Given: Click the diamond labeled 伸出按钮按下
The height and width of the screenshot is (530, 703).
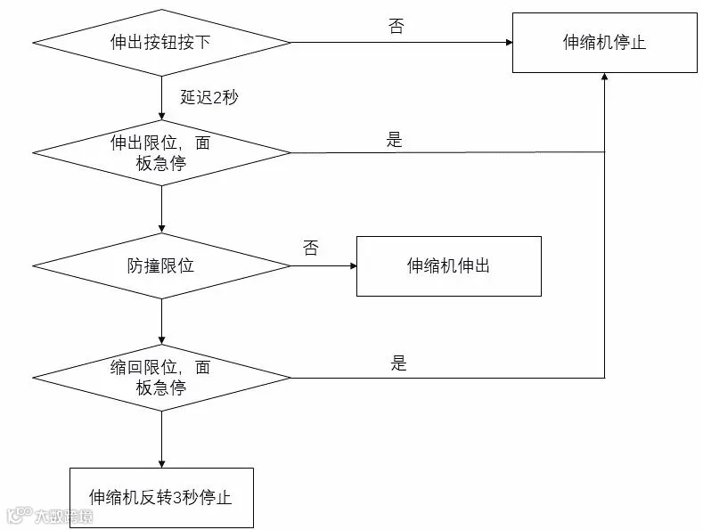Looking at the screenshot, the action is (x=161, y=43).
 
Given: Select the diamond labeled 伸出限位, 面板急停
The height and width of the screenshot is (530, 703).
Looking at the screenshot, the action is (x=161, y=152).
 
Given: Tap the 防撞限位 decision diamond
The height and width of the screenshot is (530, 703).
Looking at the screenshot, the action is (x=161, y=266).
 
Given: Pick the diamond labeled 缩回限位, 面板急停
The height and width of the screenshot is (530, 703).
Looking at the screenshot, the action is (x=161, y=378).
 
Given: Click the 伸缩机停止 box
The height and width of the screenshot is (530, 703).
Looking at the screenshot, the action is (x=605, y=43).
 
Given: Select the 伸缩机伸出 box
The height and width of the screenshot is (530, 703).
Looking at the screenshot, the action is (x=449, y=266).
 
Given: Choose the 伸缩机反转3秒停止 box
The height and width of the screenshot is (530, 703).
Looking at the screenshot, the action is (x=161, y=498).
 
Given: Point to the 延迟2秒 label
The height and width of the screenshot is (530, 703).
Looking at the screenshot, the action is (x=209, y=97).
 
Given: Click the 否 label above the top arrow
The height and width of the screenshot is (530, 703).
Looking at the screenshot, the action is (x=396, y=26).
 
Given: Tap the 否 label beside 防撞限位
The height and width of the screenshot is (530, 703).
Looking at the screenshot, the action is (x=311, y=248).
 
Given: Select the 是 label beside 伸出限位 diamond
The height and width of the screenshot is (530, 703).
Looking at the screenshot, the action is (x=395, y=140).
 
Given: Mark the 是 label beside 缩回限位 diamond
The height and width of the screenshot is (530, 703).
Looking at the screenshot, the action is (x=398, y=363).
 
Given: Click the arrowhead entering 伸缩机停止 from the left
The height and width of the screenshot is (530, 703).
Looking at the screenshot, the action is (x=510, y=43).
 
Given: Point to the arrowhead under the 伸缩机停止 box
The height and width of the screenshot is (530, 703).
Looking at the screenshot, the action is (x=605, y=77).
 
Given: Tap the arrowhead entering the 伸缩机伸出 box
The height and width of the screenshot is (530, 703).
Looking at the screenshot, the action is (x=354, y=266).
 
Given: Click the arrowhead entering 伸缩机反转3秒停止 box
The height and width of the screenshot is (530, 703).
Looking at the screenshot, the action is (x=161, y=464).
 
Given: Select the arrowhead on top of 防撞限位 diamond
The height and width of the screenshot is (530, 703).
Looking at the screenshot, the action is (x=161, y=229).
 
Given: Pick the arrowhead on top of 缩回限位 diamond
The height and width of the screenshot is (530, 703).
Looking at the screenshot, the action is (x=161, y=341).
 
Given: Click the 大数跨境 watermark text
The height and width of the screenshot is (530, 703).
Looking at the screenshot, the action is (x=63, y=517).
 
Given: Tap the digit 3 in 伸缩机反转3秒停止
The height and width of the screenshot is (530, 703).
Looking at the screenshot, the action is (x=177, y=498).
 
